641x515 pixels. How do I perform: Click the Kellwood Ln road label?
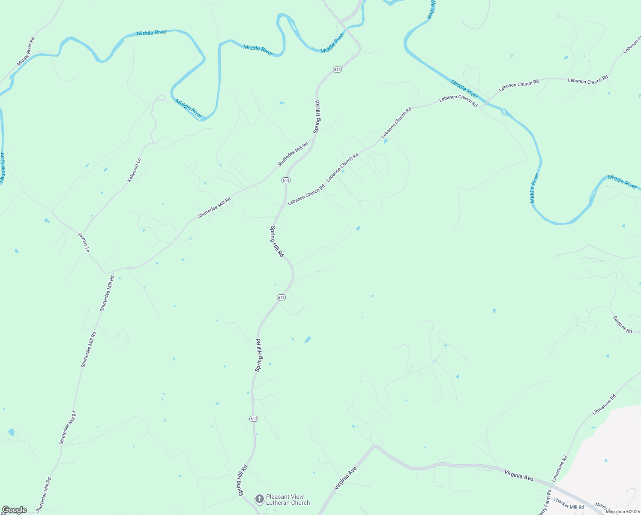pos(134,170)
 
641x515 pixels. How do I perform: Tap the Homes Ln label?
pos(84,242)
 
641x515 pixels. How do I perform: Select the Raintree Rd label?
pos(622,324)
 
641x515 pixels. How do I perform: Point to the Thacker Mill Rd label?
pos(568,503)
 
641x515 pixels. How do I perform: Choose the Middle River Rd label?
pos(26,51)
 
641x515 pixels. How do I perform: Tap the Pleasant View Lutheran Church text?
pos(288,500)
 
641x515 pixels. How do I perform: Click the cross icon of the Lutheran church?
pos(259,499)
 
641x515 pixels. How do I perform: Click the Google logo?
pos(14,510)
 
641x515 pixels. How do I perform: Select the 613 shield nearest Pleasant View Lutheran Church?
pos(254,418)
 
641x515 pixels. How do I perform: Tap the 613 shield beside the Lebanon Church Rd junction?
pos(286,180)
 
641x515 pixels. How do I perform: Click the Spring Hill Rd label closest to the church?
pos(243,480)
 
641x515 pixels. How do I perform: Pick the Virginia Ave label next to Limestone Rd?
pos(518,475)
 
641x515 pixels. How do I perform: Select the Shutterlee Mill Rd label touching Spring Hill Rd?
pos(293,154)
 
